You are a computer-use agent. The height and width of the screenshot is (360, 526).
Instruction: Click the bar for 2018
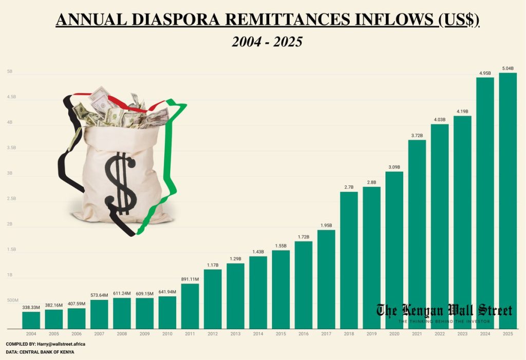click(x=349, y=260)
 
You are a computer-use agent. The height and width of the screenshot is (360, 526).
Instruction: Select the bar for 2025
click(x=508, y=200)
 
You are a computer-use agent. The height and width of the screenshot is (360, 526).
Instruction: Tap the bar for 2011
click(x=190, y=306)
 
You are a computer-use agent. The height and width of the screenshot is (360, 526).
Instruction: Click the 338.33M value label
click(x=31, y=307)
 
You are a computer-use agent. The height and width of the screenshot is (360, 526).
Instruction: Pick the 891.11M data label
click(x=190, y=279)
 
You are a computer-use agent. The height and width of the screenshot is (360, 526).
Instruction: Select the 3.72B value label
click(x=417, y=135)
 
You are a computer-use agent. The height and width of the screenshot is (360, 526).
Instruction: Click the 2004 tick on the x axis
click(x=31, y=334)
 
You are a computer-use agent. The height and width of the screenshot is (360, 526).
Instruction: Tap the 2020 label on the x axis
click(x=394, y=334)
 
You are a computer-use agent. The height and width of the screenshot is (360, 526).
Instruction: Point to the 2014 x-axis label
click(x=258, y=334)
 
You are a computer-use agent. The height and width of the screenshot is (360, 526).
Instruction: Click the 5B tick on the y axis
click(x=10, y=72)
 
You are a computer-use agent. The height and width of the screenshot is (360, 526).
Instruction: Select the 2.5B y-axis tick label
click(x=11, y=199)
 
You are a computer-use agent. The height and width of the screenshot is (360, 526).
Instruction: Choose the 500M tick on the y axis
click(x=12, y=300)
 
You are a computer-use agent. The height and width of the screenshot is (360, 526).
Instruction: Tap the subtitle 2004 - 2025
click(x=267, y=42)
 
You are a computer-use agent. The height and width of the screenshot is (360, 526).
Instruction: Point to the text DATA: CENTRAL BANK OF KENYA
click(x=40, y=352)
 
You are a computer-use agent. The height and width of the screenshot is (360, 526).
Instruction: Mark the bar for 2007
click(x=99, y=314)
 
